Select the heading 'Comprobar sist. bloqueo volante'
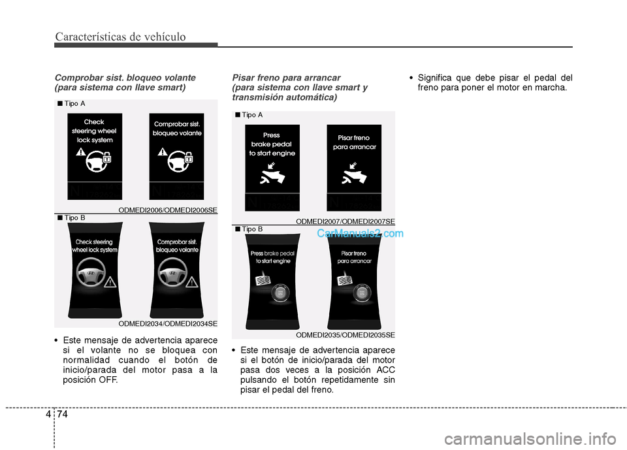[x=125, y=77]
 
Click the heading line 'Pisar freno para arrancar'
[x=286, y=77]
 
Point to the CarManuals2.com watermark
[x=360, y=234]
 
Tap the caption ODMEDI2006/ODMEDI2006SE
[x=168, y=210]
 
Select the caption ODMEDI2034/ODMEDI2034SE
[x=168, y=323]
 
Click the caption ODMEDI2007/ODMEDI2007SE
[x=346, y=221]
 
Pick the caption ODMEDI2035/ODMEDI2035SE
[x=346, y=335]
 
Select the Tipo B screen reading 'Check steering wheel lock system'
[x=95, y=270]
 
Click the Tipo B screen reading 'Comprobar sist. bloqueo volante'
[x=177, y=270]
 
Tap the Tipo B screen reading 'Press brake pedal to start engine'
[x=272, y=281]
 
